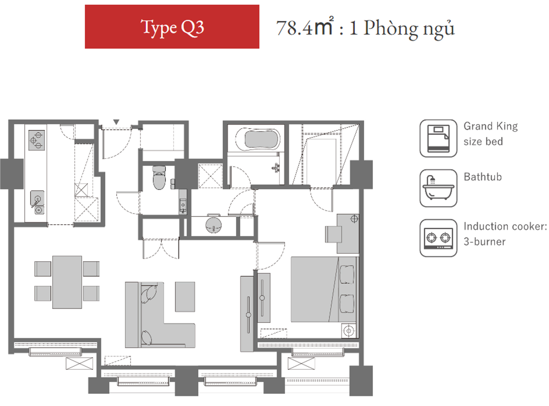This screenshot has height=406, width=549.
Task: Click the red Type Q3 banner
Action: (172, 27)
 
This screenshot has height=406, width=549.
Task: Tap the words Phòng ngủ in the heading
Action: (409, 29)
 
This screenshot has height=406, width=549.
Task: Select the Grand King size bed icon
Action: (438, 138)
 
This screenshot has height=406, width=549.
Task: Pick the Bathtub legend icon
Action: (438, 188)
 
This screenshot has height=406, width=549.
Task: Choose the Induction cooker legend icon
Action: (438, 238)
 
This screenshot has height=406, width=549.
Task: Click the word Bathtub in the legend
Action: (483, 177)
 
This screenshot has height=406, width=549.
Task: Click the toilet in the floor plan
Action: (159, 177)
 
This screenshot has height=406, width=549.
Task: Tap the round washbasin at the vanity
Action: (213, 225)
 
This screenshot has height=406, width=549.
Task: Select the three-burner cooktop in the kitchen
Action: (37, 140)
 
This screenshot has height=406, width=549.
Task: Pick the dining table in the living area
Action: (67, 282)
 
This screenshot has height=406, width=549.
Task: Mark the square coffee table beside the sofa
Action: (185, 297)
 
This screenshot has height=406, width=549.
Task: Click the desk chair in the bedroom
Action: (333, 234)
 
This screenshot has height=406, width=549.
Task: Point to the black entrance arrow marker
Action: (116, 122)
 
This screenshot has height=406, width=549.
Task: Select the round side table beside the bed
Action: (349, 331)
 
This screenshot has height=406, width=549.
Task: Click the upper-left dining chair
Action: (43, 269)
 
